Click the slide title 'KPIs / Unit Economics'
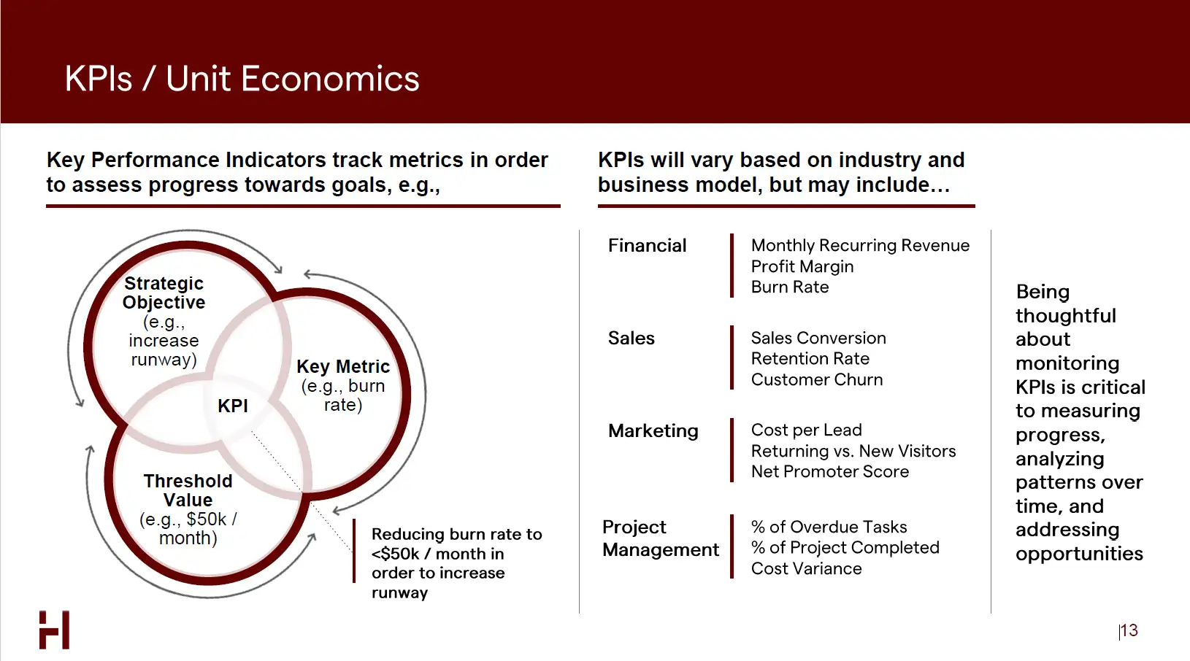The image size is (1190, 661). click(x=242, y=79)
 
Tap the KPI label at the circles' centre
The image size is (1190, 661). click(x=233, y=406)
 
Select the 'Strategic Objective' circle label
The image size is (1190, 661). click(x=164, y=293)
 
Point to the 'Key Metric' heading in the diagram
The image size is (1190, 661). click(x=343, y=366)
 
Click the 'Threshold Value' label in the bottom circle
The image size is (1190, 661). click(x=188, y=490)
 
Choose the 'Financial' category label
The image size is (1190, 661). click(x=647, y=246)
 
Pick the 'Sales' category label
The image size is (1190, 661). click(x=631, y=339)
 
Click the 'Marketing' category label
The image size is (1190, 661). click(x=653, y=430)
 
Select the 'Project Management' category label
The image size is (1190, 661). click(x=661, y=538)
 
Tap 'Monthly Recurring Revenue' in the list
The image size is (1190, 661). click(x=860, y=245)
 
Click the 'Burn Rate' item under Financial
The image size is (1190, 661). click(x=789, y=287)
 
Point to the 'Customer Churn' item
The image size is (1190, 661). click(x=816, y=379)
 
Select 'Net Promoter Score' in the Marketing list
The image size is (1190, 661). click(x=830, y=471)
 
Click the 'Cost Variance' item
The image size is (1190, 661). click(x=806, y=568)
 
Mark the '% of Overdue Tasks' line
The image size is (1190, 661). click(x=829, y=527)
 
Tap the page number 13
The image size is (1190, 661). click(x=1129, y=630)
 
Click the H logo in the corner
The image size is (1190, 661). click(x=54, y=630)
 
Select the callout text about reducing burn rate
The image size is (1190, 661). click(x=456, y=563)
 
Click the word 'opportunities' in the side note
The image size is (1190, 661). click(x=1079, y=554)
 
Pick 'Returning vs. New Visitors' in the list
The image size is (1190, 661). click(x=853, y=451)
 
